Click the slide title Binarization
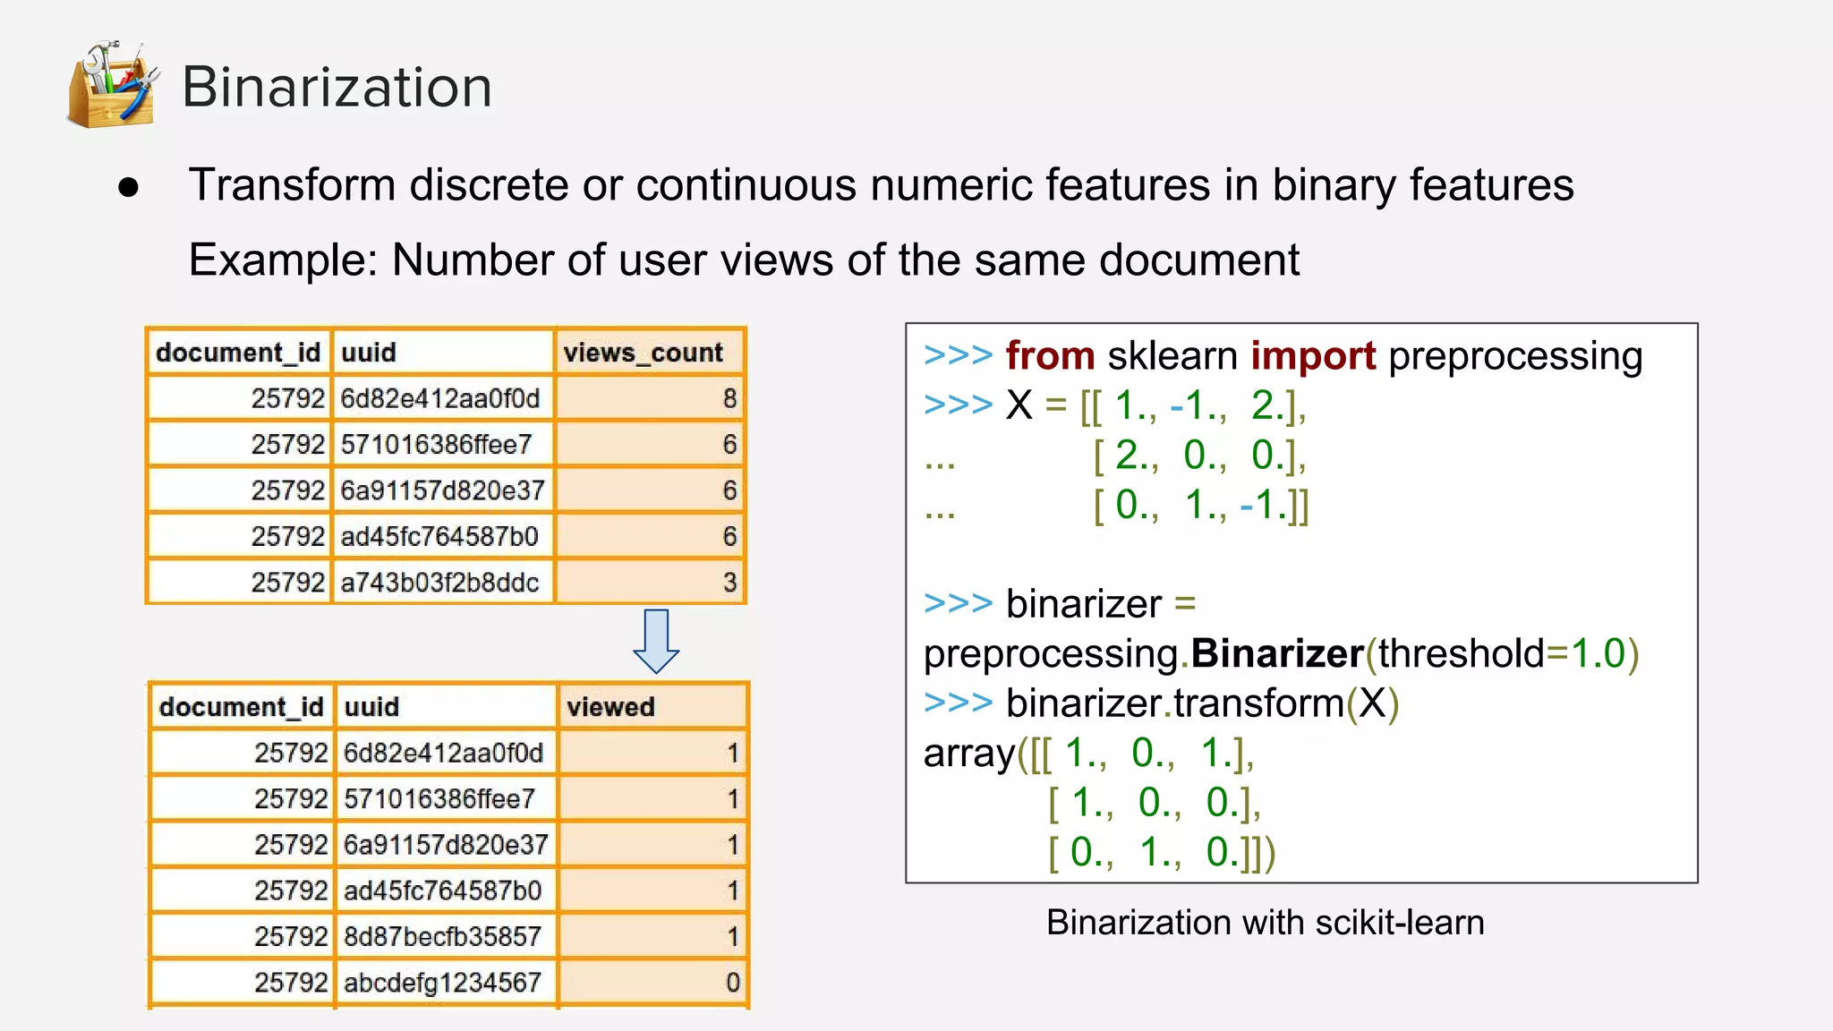[337, 88]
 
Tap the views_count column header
[643, 353]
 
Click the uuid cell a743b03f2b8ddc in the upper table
[439, 583]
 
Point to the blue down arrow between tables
[656, 641]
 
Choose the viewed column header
[610, 707]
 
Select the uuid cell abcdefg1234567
[442, 983]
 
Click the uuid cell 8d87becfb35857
[442, 936]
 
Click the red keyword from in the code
[1050, 356]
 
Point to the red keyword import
[1313, 356]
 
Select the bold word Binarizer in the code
[1277, 654]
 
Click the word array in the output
[969, 754]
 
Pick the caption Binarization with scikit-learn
[1265, 923]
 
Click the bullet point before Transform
[129, 187]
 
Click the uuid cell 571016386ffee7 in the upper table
[436, 445]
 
